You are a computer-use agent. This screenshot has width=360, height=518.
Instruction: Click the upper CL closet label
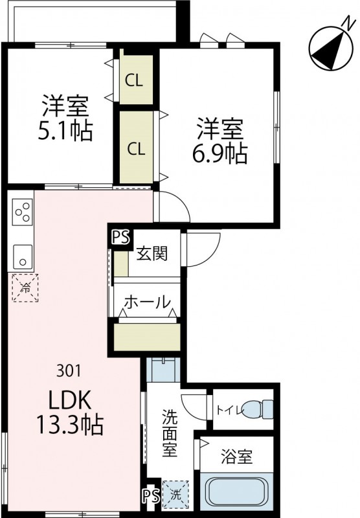tap(135, 81)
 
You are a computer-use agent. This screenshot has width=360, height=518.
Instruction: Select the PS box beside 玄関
tap(120, 238)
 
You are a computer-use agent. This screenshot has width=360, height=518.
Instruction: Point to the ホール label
tap(147, 302)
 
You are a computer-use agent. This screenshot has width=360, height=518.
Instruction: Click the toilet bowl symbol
tap(265, 409)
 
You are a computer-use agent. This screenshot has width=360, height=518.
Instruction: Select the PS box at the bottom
tap(150, 495)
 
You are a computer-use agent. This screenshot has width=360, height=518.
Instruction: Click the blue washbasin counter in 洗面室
tap(162, 372)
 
